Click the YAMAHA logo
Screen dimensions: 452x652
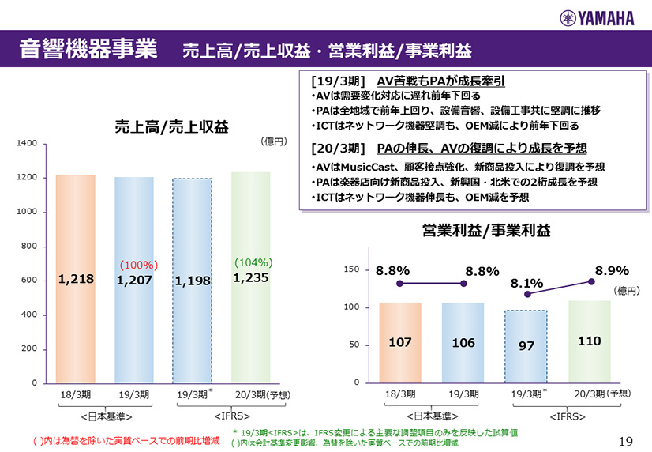600,18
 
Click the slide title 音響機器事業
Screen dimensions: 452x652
88,49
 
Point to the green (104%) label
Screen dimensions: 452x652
253,262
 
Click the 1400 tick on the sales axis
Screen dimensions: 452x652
27,144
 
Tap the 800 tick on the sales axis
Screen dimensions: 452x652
30,247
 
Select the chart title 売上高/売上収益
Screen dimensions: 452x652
170,126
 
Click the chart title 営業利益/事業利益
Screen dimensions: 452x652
486,230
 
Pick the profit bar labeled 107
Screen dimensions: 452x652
400,342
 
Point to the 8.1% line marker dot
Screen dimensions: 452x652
527,294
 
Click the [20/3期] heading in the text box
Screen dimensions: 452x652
338,148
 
